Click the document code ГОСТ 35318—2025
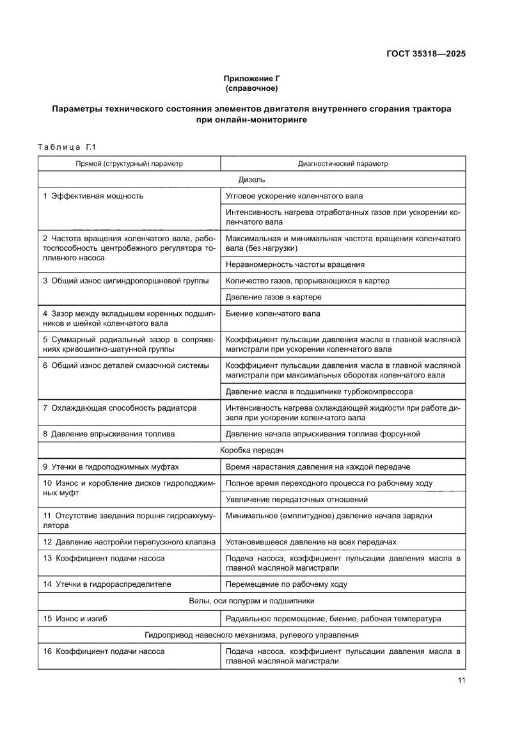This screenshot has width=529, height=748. pos(426,54)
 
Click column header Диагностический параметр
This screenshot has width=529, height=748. pos(343,164)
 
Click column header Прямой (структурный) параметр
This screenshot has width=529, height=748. pos(129,164)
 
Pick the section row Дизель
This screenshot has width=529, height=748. pos(251,180)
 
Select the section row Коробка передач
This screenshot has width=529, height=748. pos(251,450)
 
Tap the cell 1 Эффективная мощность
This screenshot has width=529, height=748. pos(93,196)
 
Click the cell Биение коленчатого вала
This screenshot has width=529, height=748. pos(273,314)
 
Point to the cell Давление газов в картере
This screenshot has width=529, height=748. pos(273,297)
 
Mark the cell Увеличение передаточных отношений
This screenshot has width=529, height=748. pos(297,499)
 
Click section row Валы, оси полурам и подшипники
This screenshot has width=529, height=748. pos(251,601)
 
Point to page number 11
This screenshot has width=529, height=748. pos(461,680)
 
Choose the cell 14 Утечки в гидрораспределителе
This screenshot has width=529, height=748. pos(107,584)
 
